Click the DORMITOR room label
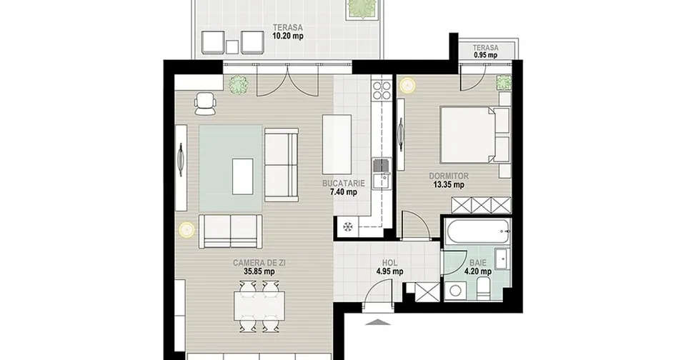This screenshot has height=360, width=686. coord(449,176)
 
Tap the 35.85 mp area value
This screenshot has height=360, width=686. coord(259,271)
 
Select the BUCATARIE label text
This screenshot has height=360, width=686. coord(344,184)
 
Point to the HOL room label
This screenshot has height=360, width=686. coord(389,263)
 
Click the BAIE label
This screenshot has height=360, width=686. coord(478,264)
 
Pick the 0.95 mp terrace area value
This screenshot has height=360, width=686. coord(486,55)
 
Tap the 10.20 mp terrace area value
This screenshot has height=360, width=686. coord(287,36)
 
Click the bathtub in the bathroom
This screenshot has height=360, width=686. coord(477,232)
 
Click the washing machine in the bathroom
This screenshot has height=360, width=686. coord(455,291)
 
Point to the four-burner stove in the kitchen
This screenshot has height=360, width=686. coord(382,90)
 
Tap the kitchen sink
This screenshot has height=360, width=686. coord(382,174)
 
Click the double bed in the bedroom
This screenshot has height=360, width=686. coord(474,135)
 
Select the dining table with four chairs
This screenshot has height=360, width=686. coord(259,306)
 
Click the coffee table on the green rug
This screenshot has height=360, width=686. coord(242,176)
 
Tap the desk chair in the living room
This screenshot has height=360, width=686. coord(205,104)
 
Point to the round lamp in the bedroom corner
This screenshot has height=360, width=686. coord(408,85)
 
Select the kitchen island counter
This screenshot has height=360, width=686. coord(337,144)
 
